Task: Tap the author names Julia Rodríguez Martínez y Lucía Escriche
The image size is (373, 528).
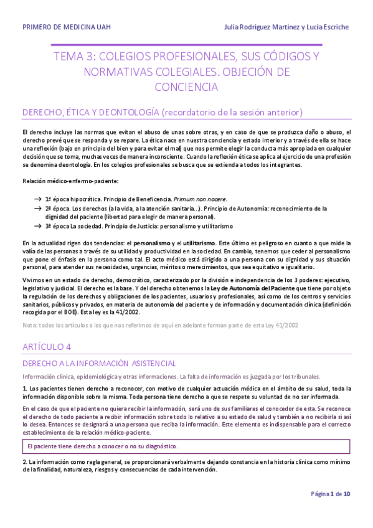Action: (287, 27)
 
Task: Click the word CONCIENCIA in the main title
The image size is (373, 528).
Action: (186, 87)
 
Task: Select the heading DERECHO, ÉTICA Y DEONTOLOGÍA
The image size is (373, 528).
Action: (90, 113)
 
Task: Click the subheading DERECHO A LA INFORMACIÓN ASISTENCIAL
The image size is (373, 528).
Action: (99, 363)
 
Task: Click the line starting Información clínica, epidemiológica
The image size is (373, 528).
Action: (100, 376)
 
